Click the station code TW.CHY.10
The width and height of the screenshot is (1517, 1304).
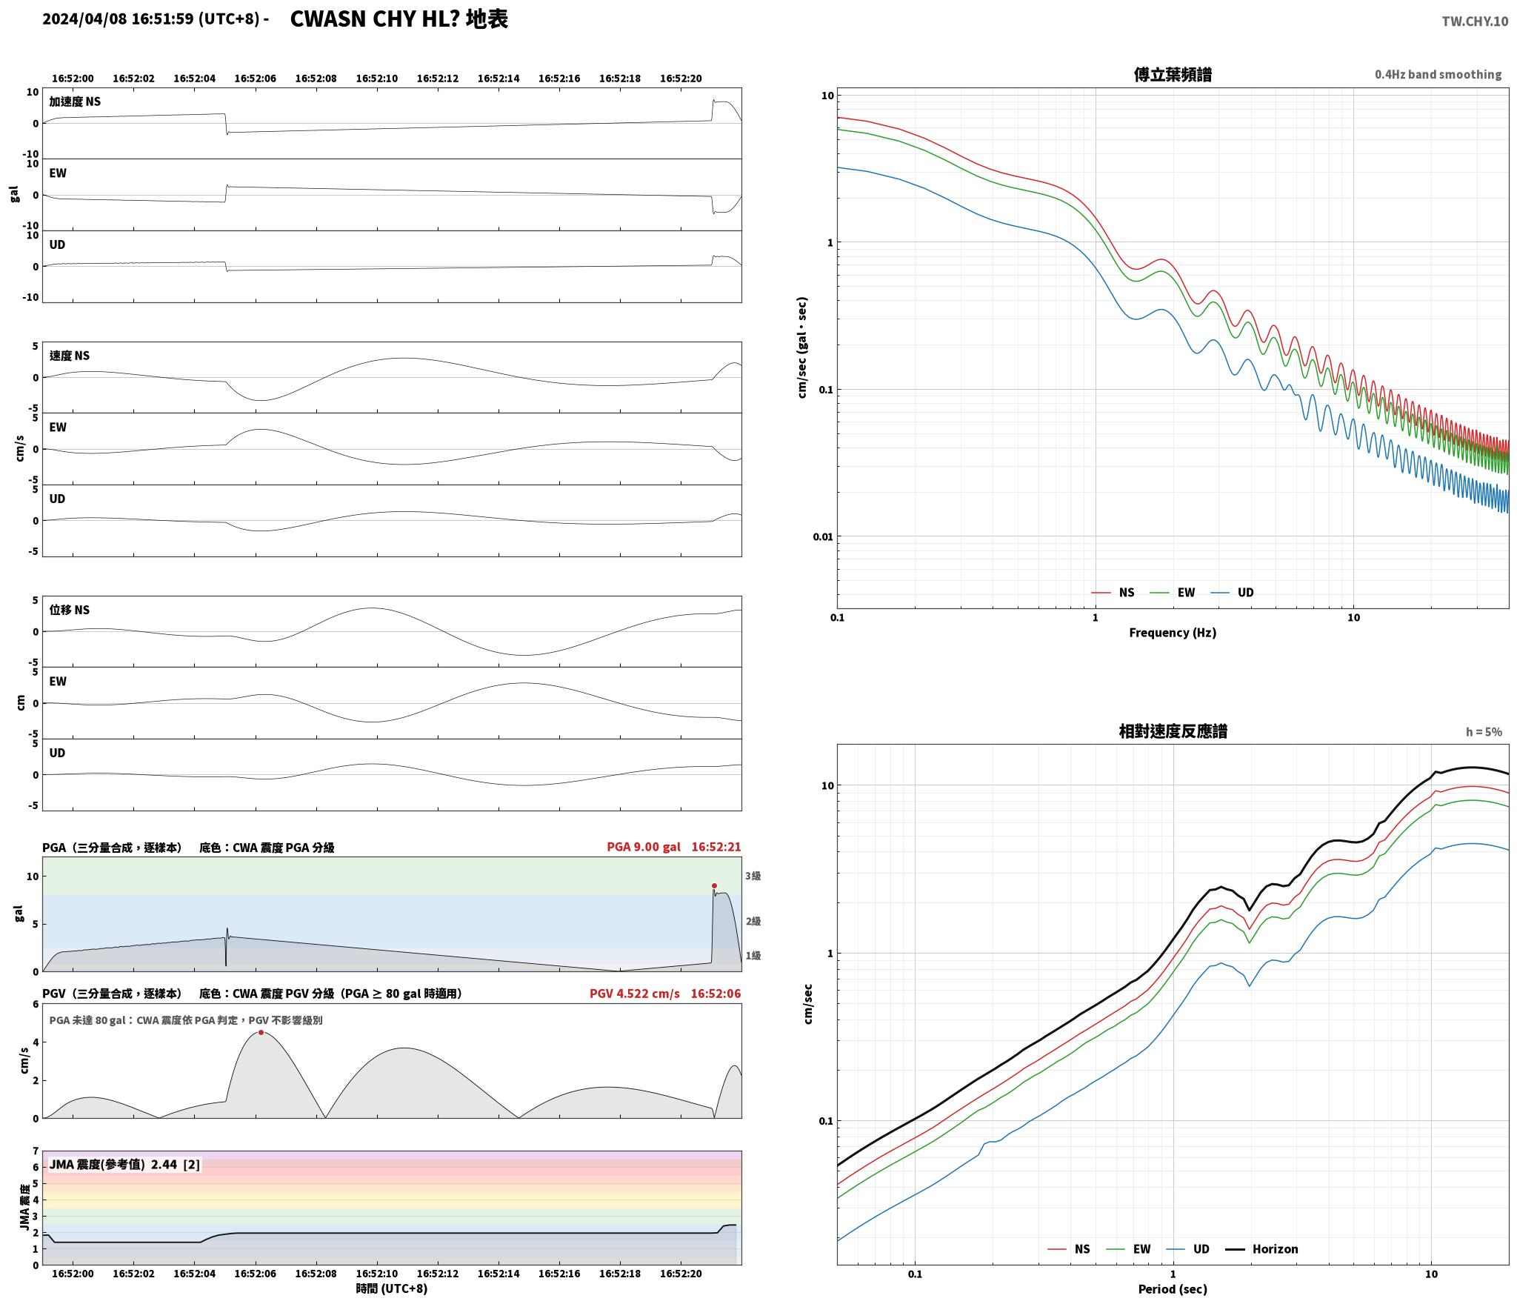click(1474, 21)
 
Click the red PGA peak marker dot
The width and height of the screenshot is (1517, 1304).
click(714, 885)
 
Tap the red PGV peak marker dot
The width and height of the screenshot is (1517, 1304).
click(261, 1032)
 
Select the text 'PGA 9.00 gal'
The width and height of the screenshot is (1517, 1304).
click(643, 847)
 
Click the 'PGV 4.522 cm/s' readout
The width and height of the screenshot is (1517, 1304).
click(634, 994)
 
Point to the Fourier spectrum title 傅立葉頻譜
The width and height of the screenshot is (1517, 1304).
click(1173, 75)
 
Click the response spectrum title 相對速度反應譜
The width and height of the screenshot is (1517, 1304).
click(1173, 731)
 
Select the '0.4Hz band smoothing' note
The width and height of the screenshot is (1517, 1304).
click(1438, 75)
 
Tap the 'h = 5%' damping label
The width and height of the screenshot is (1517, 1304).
click(1484, 732)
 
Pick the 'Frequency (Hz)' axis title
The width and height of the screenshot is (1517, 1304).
click(1173, 633)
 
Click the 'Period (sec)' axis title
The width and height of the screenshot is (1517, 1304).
click(1173, 1289)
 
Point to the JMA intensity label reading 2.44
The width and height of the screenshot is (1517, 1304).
click(124, 1165)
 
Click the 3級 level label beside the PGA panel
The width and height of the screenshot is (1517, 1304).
click(753, 876)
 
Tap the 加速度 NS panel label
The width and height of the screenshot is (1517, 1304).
click(75, 102)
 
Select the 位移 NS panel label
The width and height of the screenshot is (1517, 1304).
click(70, 610)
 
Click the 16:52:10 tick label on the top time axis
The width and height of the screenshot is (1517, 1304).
click(376, 79)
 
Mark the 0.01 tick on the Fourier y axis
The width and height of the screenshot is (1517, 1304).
click(823, 536)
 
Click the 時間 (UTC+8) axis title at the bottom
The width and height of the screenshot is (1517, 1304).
click(391, 1288)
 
